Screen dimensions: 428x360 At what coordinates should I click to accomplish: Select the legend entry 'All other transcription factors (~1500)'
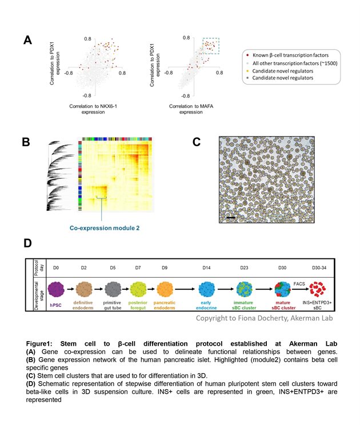point(295,63)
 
